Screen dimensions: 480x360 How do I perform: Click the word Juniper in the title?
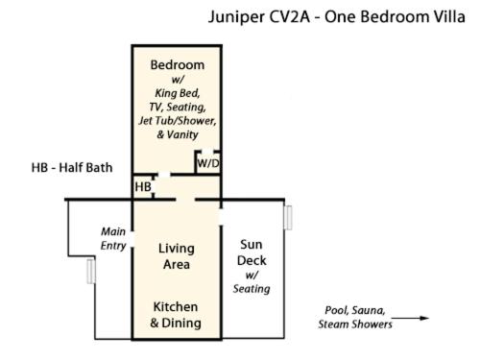pyautogui.click(x=236, y=17)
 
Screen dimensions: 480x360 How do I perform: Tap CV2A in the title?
pyautogui.click(x=289, y=16)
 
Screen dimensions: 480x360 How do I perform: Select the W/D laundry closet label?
pyautogui.click(x=208, y=163)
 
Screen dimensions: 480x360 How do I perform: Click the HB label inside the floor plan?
pyautogui.click(x=143, y=187)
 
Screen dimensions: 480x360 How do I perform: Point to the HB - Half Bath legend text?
pyautogui.click(x=72, y=168)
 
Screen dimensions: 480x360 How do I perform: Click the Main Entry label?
pyautogui.click(x=113, y=238)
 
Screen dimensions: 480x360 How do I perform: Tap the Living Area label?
pyautogui.click(x=177, y=256)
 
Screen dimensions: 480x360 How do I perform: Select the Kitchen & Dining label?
pyautogui.click(x=176, y=315)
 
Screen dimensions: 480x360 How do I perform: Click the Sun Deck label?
pyautogui.click(x=252, y=252)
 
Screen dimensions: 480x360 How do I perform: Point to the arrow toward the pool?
pyautogui.click(x=410, y=318)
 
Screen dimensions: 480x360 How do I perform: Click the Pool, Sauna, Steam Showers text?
pyautogui.click(x=355, y=317)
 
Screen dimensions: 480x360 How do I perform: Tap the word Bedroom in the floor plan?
pyautogui.click(x=178, y=65)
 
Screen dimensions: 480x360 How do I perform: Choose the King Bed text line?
pyautogui.click(x=178, y=93)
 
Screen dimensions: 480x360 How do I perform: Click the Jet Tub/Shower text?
pyautogui.click(x=178, y=121)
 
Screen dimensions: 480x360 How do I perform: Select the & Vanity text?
pyautogui.click(x=178, y=134)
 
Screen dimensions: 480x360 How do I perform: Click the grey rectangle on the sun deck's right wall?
pyautogui.click(x=288, y=218)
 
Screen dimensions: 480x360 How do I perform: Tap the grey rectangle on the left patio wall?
pyautogui.click(x=91, y=272)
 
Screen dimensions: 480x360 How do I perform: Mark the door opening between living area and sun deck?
pyautogui.click(x=221, y=217)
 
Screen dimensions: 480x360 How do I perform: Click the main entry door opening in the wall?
pyautogui.click(x=132, y=239)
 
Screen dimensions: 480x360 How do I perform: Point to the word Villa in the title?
pyautogui.click(x=449, y=16)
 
